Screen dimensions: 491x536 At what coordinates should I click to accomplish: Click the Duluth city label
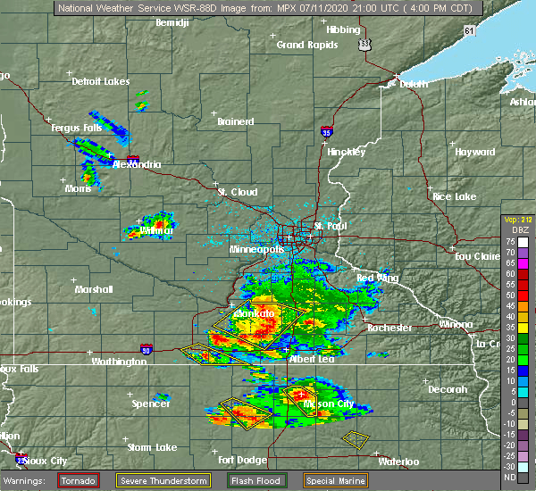coord(403,85)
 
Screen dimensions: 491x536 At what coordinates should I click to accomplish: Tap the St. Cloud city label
coord(238,192)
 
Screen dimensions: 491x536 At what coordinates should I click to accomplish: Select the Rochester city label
coord(389,328)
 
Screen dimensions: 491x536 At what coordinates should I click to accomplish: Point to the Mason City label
coord(330,404)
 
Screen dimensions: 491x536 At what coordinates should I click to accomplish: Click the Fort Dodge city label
coord(239,460)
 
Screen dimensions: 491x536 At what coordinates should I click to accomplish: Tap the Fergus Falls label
coord(76,128)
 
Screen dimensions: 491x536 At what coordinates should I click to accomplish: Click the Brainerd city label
coord(236,121)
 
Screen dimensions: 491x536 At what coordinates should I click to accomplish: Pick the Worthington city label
coord(118,362)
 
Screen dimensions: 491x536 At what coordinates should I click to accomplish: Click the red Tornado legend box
coord(79,480)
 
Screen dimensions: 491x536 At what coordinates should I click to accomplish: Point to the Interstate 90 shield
coord(146,349)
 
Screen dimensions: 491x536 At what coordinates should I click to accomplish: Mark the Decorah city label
coord(448,389)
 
